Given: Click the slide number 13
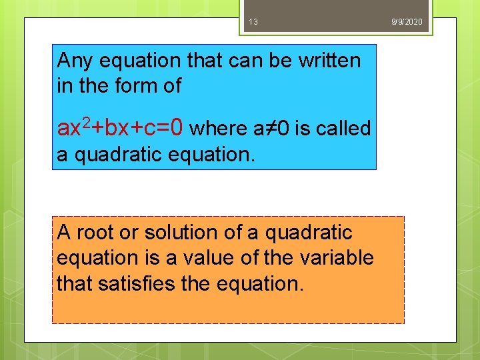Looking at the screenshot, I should [253, 22].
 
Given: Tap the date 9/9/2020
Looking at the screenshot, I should [407, 22].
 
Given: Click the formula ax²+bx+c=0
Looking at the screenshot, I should [124, 127].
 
